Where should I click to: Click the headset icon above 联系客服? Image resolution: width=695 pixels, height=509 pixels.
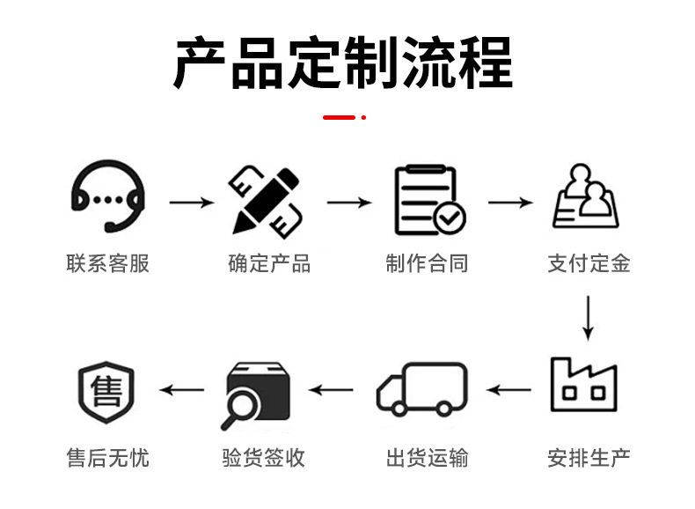107,198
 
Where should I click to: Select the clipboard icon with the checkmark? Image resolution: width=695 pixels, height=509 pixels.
428,200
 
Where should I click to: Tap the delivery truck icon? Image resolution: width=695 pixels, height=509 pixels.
422,388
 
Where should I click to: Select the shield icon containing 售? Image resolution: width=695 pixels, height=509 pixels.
106,389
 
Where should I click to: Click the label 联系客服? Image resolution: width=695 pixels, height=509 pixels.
107,263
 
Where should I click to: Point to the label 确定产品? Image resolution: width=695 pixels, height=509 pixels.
268,263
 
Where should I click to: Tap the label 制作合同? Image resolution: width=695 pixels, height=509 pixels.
427,263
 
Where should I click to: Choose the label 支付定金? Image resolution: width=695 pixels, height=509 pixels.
589,263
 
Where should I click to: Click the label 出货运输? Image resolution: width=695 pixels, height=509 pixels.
427,458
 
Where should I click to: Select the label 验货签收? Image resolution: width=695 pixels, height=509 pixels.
264,458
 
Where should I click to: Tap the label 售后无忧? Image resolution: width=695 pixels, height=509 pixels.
107,458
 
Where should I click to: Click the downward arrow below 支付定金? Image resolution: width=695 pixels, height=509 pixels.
588,318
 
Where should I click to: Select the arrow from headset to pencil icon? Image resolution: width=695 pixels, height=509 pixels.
191,203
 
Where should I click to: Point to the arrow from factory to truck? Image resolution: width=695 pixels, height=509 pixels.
509,389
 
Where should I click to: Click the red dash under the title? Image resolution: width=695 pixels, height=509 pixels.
340,116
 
